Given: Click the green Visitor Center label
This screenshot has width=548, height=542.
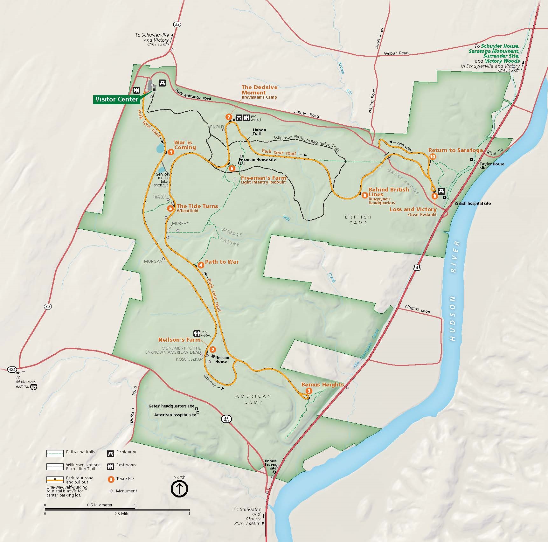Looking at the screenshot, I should (x=117, y=99).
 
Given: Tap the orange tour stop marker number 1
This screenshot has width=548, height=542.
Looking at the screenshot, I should (x=171, y=152).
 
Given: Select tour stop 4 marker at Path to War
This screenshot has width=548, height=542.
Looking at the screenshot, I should (x=201, y=265).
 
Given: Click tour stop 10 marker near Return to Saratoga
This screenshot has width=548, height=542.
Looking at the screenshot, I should (x=433, y=156).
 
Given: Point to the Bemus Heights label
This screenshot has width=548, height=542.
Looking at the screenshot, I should (x=322, y=385).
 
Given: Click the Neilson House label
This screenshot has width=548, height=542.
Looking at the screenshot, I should (x=222, y=359).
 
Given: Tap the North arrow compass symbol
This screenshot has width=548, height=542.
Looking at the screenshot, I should (x=179, y=489).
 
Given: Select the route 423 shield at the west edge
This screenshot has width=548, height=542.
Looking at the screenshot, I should (x=12, y=369).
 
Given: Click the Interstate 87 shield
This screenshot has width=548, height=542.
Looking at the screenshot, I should (x=34, y=387).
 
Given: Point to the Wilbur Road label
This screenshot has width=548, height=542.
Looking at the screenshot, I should (x=396, y=53).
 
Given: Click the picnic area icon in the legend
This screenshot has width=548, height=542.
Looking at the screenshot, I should (x=111, y=453).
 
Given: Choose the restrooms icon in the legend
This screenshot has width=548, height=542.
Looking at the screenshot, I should (x=111, y=466).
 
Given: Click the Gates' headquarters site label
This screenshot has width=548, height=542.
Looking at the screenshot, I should (x=171, y=406).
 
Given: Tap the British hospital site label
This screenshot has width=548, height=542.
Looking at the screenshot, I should (x=472, y=203).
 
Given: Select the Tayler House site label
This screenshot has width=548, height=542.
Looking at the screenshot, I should (x=492, y=165).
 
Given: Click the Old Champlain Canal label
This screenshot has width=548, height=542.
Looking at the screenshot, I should (x=366, y=349).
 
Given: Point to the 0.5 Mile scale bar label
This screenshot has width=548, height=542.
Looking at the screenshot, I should (x=122, y=513).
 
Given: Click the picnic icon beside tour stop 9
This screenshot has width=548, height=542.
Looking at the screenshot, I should (x=441, y=191).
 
